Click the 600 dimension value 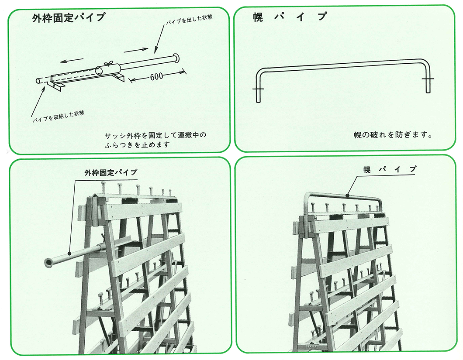pyautogui.click(x=156, y=76)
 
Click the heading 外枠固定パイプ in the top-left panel pyautogui.click(x=69, y=18)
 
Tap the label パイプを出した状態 pyautogui.click(x=189, y=20)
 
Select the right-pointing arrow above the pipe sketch pyautogui.click(x=136, y=50)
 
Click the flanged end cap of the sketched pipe pyautogui.click(x=176, y=58)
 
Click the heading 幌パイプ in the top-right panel pyautogui.click(x=290, y=17)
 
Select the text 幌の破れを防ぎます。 pyautogui.click(x=393, y=135)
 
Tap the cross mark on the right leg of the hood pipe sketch pyautogui.click(x=428, y=79)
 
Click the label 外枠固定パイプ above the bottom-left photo pyautogui.click(x=111, y=172)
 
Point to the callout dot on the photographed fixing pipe pyautogui.click(x=69, y=253)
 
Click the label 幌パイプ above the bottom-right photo pyautogui.click(x=390, y=169)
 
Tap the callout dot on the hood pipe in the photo pyautogui.click(x=348, y=195)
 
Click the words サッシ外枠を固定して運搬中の pyautogui.click(x=155, y=135)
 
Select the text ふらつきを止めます pyautogui.click(x=137, y=145)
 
